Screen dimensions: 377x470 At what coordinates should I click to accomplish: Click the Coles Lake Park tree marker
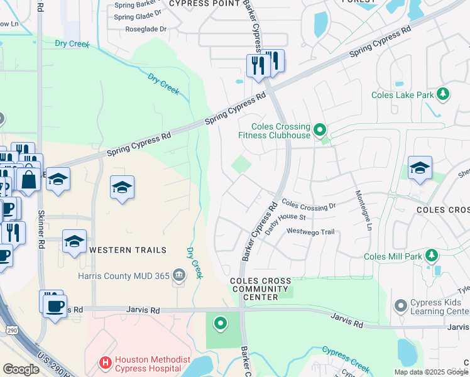pyautogui.click(x=444, y=94)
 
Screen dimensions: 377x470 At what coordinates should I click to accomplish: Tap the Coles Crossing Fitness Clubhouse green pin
pyautogui.click(x=320, y=130)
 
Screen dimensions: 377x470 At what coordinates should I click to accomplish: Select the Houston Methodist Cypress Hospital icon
pyautogui.click(x=106, y=363)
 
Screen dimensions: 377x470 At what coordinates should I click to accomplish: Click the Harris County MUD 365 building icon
pyautogui.click(x=178, y=275)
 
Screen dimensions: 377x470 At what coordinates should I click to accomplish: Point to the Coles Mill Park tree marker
pyautogui.click(x=431, y=256)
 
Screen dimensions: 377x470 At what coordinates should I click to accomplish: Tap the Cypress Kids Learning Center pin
pyautogui.click(x=400, y=306)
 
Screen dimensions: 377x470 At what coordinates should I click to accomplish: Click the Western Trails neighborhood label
pyautogui.click(x=128, y=250)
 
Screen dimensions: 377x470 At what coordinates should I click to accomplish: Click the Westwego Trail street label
pyautogui.click(x=310, y=232)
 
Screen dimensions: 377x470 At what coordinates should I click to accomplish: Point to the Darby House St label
pyautogui.click(x=285, y=224)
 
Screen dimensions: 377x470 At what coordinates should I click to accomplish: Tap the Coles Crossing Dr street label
pyautogui.click(x=309, y=205)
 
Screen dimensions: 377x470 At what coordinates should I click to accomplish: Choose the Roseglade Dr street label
pyautogui.click(x=145, y=29)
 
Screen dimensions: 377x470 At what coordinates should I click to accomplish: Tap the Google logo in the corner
pyautogui.click(x=21, y=369)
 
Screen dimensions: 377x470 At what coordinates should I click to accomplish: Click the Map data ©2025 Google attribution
pyautogui.click(x=431, y=372)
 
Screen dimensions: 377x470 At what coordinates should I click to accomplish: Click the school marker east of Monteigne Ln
pyautogui.click(x=420, y=168)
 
